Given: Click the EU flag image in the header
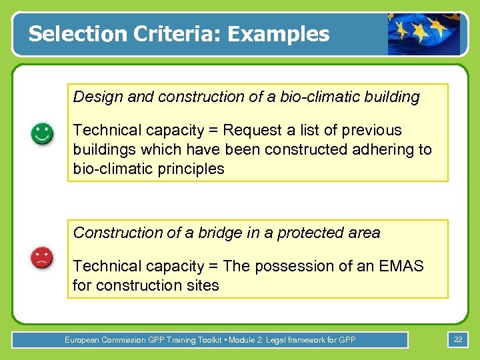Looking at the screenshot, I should coord(424,34).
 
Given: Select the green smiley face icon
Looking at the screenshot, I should coord(43,133).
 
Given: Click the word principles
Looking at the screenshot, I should coord(190,169).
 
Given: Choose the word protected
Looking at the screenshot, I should coord(312,233).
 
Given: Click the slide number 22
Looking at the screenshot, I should coord(458,340).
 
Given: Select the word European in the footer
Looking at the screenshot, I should coord(82,340).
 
